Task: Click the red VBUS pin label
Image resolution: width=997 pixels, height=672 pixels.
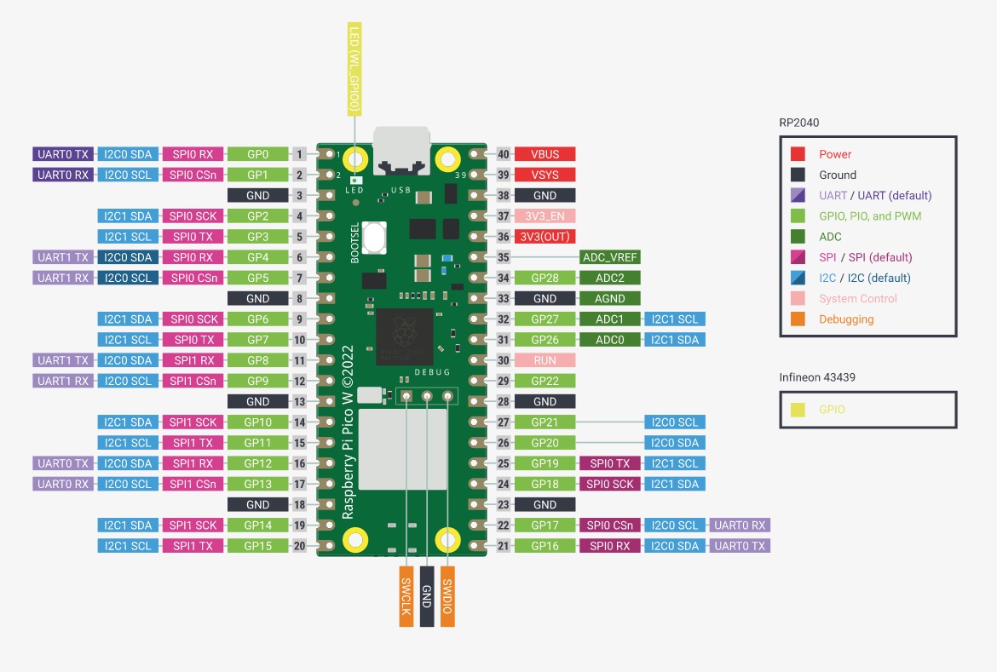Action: pos(545,154)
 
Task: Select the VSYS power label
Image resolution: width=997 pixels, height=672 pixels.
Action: pos(545,175)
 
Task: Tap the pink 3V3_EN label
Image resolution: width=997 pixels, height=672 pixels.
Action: pos(545,216)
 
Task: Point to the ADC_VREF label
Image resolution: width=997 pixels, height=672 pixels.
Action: pos(610,257)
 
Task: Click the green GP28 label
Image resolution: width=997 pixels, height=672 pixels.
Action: pos(545,278)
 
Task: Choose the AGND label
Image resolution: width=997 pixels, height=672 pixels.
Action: pos(610,299)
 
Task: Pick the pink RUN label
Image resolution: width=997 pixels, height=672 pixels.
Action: pos(545,360)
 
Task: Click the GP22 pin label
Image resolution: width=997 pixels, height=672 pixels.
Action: pos(545,381)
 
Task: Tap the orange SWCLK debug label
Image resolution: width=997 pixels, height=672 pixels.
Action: pos(406,596)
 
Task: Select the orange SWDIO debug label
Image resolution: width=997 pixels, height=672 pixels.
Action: pos(447,596)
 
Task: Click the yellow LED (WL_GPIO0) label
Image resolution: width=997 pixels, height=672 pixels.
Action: pos(354,69)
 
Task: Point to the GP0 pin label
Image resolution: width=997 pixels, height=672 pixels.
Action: pos(257,154)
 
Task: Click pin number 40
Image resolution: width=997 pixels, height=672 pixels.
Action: pos(504,154)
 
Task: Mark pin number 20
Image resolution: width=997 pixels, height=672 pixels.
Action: pos(299,546)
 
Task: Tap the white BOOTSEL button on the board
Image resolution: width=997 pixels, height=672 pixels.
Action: pos(375,237)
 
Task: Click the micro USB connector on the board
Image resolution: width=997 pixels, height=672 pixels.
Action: pos(401,150)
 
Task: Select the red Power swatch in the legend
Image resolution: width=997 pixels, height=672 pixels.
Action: pos(798,154)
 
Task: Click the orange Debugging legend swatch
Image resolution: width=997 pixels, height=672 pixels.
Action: pos(798,319)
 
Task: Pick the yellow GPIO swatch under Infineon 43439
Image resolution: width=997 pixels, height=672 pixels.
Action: pos(798,410)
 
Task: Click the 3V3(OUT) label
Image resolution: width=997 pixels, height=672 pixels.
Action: pos(545,237)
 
